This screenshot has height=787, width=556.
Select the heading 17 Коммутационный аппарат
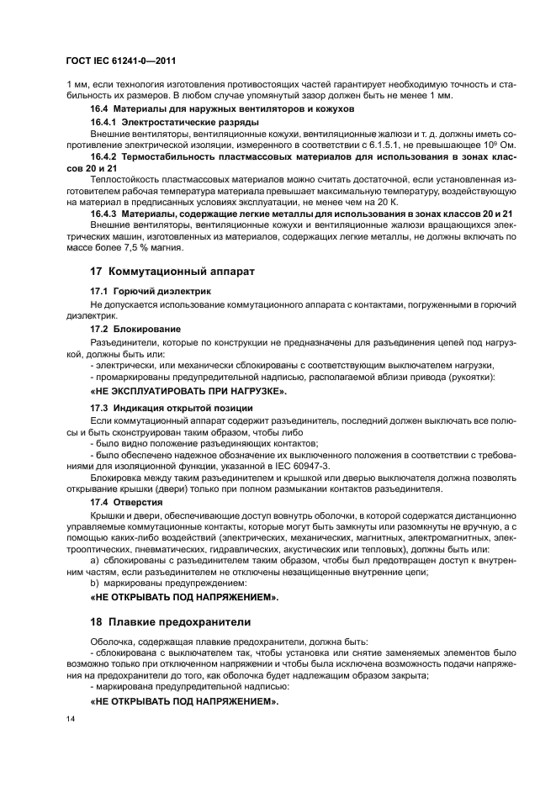(x=172, y=272)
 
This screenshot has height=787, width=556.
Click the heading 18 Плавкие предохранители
(x=171, y=621)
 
